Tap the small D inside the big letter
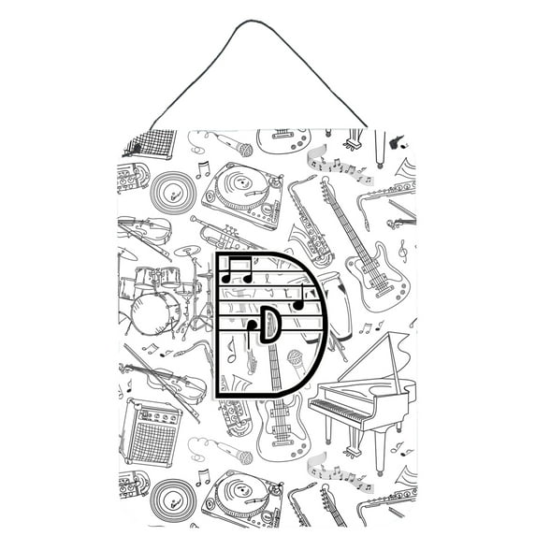(x=268, y=324)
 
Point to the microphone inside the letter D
(x=294, y=359)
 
